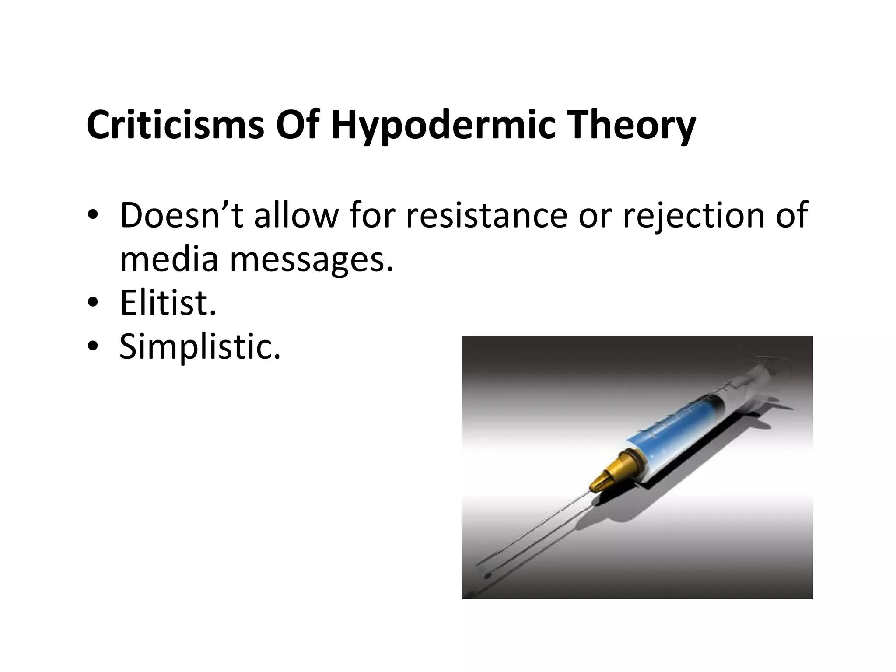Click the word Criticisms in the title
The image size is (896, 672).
tap(175, 126)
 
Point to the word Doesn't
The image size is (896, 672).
tap(180, 215)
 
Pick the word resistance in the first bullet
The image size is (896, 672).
tap(486, 215)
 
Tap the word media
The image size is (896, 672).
tap(169, 259)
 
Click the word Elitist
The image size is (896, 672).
tap(168, 303)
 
